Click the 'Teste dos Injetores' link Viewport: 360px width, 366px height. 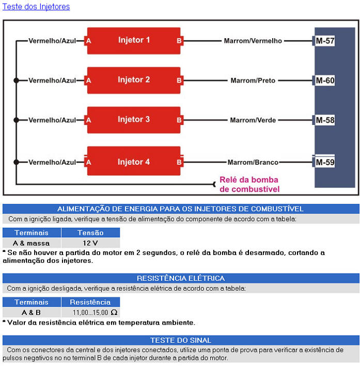point(36,7)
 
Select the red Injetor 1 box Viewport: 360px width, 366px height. point(134,40)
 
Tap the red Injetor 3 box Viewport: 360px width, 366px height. point(134,120)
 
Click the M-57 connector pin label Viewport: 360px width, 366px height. point(325,41)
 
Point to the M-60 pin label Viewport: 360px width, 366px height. point(325,81)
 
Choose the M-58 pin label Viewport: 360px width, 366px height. point(325,120)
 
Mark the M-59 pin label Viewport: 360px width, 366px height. point(325,163)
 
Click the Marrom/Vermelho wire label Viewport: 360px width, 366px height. point(253,41)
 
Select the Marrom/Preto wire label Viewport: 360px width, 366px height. point(253,81)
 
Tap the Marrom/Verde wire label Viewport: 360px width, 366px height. point(253,120)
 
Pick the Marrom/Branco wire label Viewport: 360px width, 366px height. point(253,163)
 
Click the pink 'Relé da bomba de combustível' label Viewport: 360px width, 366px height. point(249,185)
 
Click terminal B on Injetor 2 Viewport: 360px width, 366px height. point(179,81)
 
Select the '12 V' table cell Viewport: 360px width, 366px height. point(90,243)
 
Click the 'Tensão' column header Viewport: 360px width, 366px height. point(90,233)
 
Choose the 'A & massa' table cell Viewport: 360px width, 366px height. point(32,243)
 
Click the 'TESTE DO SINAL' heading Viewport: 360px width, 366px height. point(181,340)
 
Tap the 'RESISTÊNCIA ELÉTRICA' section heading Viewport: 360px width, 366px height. point(181,278)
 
